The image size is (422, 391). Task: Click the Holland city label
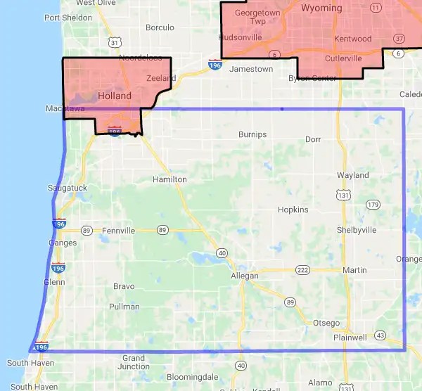[x=115, y=96]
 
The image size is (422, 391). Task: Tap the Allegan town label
[x=245, y=276]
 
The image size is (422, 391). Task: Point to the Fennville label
[x=117, y=230]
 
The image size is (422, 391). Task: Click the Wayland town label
[x=352, y=175]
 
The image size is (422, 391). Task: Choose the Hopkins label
[x=293, y=210]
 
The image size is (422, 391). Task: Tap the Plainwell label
[x=350, y=338]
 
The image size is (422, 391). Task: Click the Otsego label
[x=326, y=323]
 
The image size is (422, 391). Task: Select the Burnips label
[x=252, y=134]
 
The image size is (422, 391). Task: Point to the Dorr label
[x=313, y=139]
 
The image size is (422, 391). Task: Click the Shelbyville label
[x=357, y=230]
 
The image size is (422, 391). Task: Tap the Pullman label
[x=124, y=307]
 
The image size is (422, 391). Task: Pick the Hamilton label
[x=170, y=179]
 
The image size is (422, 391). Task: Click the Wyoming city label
[x=321, y=8]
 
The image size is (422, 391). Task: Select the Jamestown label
[x=251, y=69]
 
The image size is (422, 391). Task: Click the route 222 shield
[x=303, y=270]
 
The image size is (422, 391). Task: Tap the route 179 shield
[x=372, y=205]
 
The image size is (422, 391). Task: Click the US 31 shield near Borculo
[x=115, y=43]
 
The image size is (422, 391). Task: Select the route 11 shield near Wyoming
[x=376, y=7]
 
